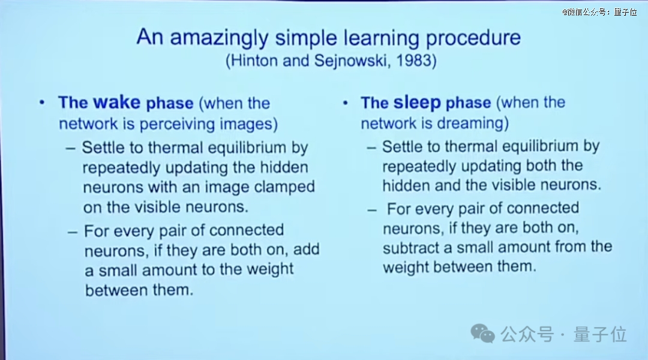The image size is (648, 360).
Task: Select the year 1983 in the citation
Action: point(413,61)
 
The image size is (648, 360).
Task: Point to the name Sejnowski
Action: point(351,61)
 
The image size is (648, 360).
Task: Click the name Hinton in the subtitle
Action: point(254,61)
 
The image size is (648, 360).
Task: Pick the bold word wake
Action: point(117,102)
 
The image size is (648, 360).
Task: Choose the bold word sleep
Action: point(417,103)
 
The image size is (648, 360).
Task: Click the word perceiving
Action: point(177,124)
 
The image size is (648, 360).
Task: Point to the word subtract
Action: point(411,247)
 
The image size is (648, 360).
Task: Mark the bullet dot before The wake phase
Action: point(42,102)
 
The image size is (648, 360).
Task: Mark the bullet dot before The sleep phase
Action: point(345,103)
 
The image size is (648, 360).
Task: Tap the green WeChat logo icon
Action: point(482,334)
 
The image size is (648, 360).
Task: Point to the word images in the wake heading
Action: point(248,124)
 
